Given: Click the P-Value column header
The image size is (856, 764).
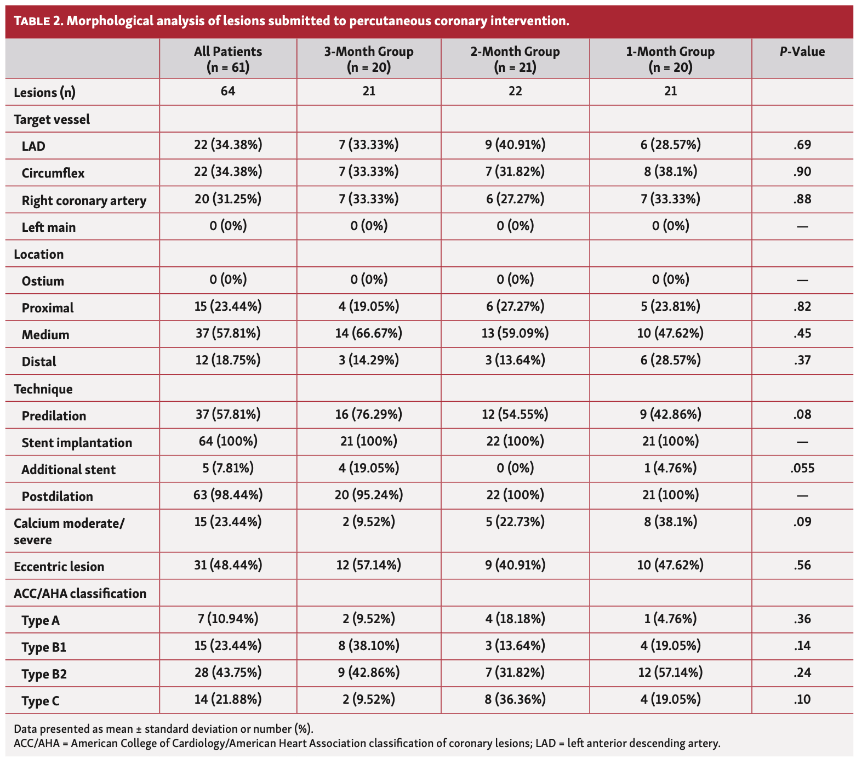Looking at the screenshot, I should point(802,52).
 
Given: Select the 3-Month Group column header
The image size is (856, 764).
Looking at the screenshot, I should point(368,59).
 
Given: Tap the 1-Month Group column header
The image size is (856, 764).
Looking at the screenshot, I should point(670,59).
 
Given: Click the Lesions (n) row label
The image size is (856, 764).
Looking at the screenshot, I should point(44,93).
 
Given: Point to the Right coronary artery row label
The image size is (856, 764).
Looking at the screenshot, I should point(84,201).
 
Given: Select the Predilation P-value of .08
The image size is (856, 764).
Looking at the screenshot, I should point(802,415).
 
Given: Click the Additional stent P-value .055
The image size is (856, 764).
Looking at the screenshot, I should point(802,469).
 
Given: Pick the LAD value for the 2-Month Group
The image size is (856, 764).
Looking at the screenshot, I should point(515,145).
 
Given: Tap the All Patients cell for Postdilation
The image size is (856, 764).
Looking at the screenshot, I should point(228,495).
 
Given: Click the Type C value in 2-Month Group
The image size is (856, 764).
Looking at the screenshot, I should point(515,700).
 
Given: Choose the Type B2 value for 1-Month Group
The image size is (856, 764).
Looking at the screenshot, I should point(670,673).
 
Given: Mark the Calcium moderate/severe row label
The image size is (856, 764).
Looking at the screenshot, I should point(69,531).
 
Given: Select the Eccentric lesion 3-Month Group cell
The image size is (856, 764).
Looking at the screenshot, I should point(368,566).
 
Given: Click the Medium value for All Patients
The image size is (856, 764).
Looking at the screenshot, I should point(228,334).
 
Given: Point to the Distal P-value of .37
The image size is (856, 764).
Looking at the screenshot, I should point(802,361).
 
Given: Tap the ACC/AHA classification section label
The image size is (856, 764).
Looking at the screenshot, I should point(80,594).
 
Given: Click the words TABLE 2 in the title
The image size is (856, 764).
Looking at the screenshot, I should point(38,21).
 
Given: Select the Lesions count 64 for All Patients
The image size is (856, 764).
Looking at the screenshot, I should point(228,92).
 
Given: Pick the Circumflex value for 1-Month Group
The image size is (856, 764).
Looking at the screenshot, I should point(670,172).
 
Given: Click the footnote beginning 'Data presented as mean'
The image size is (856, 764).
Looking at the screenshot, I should point(163,729).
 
